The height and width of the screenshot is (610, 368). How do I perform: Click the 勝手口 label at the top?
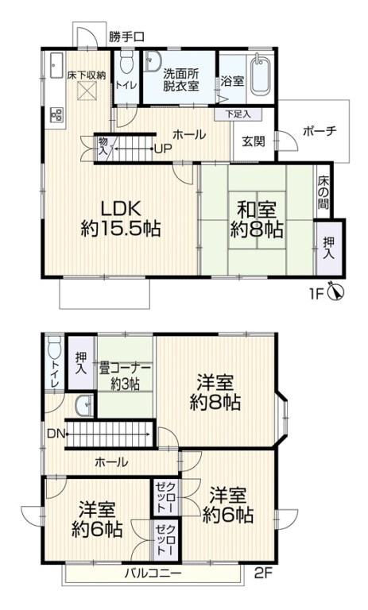click(126, 37)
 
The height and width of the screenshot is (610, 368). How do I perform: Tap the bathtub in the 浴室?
click(261, 76)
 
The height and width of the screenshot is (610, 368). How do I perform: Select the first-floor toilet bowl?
click(126, 63)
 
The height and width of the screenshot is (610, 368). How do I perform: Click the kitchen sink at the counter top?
click(56, 65)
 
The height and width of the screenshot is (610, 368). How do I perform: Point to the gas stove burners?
click(56, 114)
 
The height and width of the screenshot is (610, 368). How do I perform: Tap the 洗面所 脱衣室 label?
click(181, 79)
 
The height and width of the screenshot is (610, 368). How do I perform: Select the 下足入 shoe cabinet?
click(238, 114)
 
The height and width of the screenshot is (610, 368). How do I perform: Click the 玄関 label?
click(254, 141)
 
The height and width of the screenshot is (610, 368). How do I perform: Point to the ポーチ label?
click(320, 131)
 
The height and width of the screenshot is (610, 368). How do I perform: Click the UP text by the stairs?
click(163, 149)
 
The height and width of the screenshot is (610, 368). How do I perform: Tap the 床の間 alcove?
click(323, 192)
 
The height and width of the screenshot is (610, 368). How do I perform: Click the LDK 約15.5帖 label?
click(121, 218)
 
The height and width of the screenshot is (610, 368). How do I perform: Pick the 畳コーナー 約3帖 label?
click(125, 376)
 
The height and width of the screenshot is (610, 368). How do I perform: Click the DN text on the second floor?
click(56, 433)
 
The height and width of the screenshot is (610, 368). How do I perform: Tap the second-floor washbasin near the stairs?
click(84, 406)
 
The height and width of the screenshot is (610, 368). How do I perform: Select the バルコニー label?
click(153, 573)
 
